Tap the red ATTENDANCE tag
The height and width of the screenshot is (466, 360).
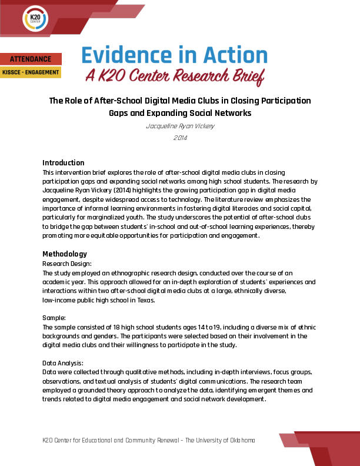(x=31, y=59)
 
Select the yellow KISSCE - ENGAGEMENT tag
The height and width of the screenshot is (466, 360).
(x=31, y=72)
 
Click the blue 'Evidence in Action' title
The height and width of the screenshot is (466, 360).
(x=174, y=55)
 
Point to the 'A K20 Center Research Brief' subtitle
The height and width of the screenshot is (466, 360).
(x=175, y=75)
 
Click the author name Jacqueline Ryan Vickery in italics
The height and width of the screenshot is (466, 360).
(x=179, y=126)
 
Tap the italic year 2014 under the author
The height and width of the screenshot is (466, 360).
(x=179, y=138)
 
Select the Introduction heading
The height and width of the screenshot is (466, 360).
(x=64, y=163)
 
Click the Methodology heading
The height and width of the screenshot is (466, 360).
(x=65, y=254)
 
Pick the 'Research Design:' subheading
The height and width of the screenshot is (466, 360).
(x=67, y=264)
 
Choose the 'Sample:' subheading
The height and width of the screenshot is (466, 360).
(x=54, y=318)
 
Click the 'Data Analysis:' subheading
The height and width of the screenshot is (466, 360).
(x=63, y=363)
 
